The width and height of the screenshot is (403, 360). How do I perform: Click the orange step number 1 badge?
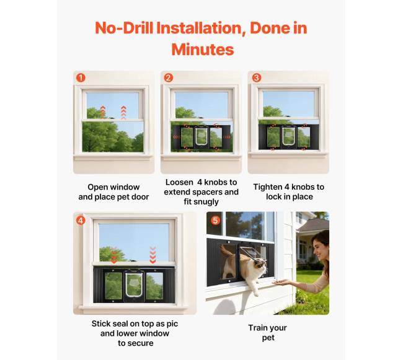pyautogui.click(x=81, y=78)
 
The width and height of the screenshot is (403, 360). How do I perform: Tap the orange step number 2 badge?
pyautogui.click(x=169, y=78)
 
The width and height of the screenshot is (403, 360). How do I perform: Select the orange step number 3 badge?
pyautogui.click(x=257, y=78)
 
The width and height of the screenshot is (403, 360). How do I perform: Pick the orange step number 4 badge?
pyautogui.click(x=81, y=221)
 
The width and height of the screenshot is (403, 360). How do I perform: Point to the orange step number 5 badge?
pyautogui.click(x=215, y=221)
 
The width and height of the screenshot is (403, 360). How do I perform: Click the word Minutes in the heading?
pyautogui.click(x=203, y=50)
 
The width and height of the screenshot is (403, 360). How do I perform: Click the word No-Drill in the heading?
pyautogui.click(x=124, y=28)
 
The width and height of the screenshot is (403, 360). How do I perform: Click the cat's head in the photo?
pyautogui.click(x=259, y=266)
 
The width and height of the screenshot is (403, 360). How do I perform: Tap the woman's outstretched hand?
pyautogui.click(x=280, y=283)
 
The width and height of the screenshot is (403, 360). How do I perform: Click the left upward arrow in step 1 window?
pyautogui.click(x=103, y=112)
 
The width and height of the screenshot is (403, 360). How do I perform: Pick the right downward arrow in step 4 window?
pyautogui.click(x=153, y=255)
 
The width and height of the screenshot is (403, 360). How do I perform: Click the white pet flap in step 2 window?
pyautogui.click(x=201, y=136)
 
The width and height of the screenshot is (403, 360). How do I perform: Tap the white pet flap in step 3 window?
pyautogui.click(x=288, y=136)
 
